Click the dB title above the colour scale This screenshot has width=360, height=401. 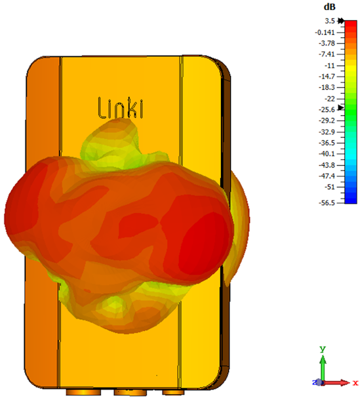(x=330, y=7)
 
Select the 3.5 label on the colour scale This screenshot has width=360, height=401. (x=330, y=21)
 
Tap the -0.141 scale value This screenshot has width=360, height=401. (x=325, y=32)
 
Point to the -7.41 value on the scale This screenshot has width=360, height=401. (x=327, y=54)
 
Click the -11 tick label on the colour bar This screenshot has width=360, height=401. (x=330, y=66)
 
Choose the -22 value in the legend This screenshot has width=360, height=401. (x=330, y=98)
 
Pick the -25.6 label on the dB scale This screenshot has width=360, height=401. (x=327, y=109)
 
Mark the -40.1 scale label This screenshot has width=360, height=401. (x=327, y=154)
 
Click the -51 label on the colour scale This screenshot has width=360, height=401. (x=330, y=187)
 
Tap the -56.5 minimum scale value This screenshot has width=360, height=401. (x=327, y=203)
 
